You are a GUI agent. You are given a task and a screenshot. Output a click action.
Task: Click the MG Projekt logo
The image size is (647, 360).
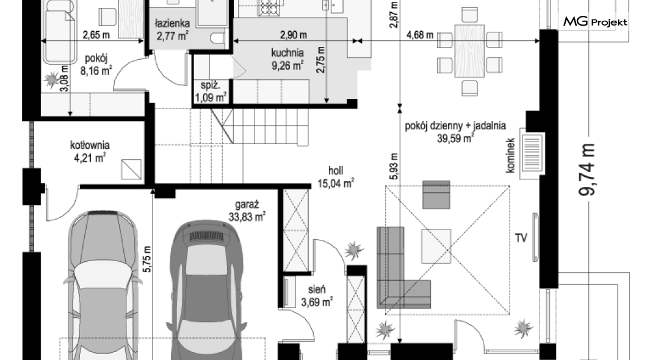click(595, 21)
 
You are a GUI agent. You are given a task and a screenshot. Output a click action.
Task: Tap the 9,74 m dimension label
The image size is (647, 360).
click(587, 170)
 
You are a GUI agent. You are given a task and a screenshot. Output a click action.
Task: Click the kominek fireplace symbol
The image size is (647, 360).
click(532, 153)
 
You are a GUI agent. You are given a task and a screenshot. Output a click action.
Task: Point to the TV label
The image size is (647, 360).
click(521, 238)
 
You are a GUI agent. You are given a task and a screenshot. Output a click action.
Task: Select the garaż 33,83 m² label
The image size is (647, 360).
click(247, 211)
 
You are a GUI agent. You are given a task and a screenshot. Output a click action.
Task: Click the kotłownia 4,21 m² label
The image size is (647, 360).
click(90, 151)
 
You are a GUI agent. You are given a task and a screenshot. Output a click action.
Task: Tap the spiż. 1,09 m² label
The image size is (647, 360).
click(211, 92)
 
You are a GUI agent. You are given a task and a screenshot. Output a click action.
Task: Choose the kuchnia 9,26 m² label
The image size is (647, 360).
click(287, 59)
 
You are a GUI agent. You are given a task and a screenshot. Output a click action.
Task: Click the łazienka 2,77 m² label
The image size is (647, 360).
click(173, 30)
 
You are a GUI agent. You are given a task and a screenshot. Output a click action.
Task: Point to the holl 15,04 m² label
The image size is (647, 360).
click(336, 177)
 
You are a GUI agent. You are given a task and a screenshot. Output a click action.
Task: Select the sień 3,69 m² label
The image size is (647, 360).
click(317, 296)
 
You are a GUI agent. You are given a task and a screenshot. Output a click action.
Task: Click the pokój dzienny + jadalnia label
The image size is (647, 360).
click(455, 126)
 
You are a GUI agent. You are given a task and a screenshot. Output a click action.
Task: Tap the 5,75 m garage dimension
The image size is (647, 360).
click(147, 259)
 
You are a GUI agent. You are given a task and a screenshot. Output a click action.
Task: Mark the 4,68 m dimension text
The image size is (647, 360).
click(420, 35)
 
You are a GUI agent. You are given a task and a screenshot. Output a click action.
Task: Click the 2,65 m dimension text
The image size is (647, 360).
click(96, 35)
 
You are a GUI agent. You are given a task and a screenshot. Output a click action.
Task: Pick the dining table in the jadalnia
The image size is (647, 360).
click(469, 51)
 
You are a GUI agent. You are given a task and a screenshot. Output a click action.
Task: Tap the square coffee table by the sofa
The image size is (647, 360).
click(436, 246)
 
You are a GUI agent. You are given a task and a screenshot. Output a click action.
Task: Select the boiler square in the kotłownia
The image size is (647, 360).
click(131, 170)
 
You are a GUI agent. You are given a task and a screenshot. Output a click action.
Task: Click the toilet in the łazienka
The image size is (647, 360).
click(217, 37)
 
